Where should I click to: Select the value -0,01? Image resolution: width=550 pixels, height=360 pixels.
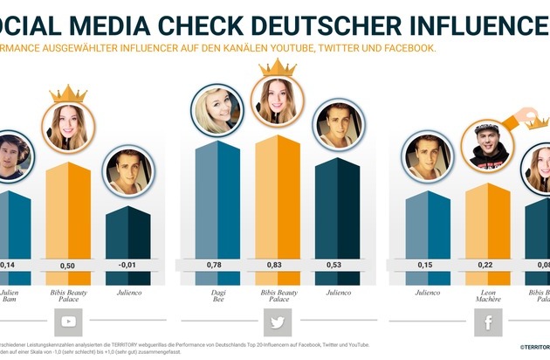(x=128, y=266)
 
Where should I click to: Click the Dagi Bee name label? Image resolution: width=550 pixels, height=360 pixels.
(x=217, y=294)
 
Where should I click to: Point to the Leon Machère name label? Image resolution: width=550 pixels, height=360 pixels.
(x=487, y=294)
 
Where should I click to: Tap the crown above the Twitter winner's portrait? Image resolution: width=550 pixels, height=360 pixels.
(x=278, y=67)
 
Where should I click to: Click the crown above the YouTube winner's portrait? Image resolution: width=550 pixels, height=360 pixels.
(x=67, y=93)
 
